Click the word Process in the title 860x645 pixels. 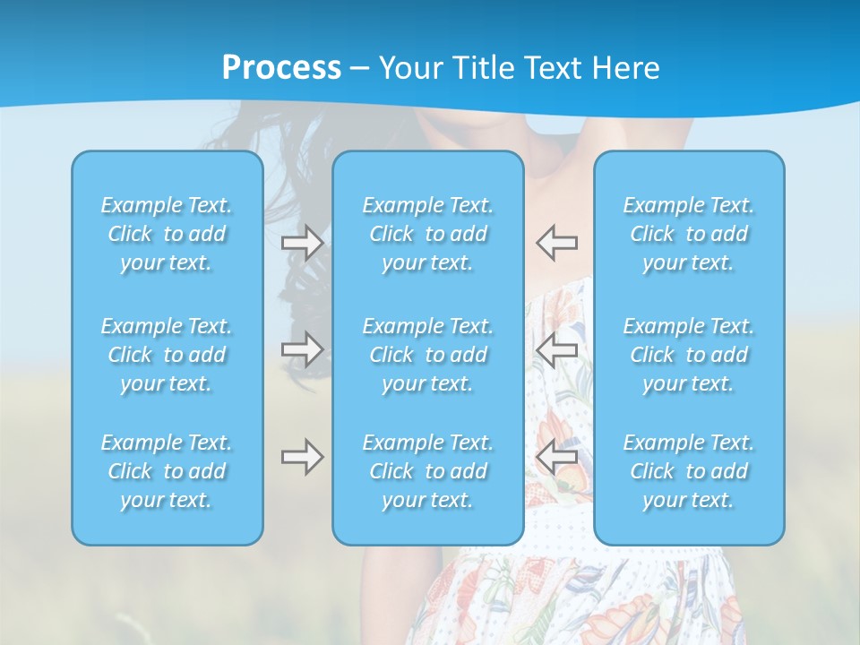pyautogui.click(x=281, y=68)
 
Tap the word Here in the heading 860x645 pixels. pyautogui.click(x=625, y=68)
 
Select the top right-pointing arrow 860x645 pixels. pyautogui.click(x=303, y=243)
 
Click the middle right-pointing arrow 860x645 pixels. pyautogui.click(x=303, y=348)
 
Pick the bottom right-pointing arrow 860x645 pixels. pyautogui.click(x=303, y=457)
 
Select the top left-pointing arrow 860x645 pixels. pyautogui.click(x=557, y=242)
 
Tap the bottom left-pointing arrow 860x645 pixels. pyautogui.click(x=557, y=457)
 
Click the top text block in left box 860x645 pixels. pyautogui.click(x=167, y=234)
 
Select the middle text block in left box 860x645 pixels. pyautogui.click(x=167, y=355)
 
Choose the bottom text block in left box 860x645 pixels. pyautogui.click(x=167, y=471)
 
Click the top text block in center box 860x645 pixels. pyautogui.click(x=428, y=234)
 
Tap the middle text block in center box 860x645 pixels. pyautogui.click(x=428, y=355)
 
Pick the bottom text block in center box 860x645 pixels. pyautogui.click(x=428, y=471)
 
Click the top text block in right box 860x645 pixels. pyautogui.click(x=689, y=234)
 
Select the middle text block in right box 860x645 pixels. pyautogui.click(x=689, y=355)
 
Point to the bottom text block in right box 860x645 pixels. pyautogui.click(x=689, y=471)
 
